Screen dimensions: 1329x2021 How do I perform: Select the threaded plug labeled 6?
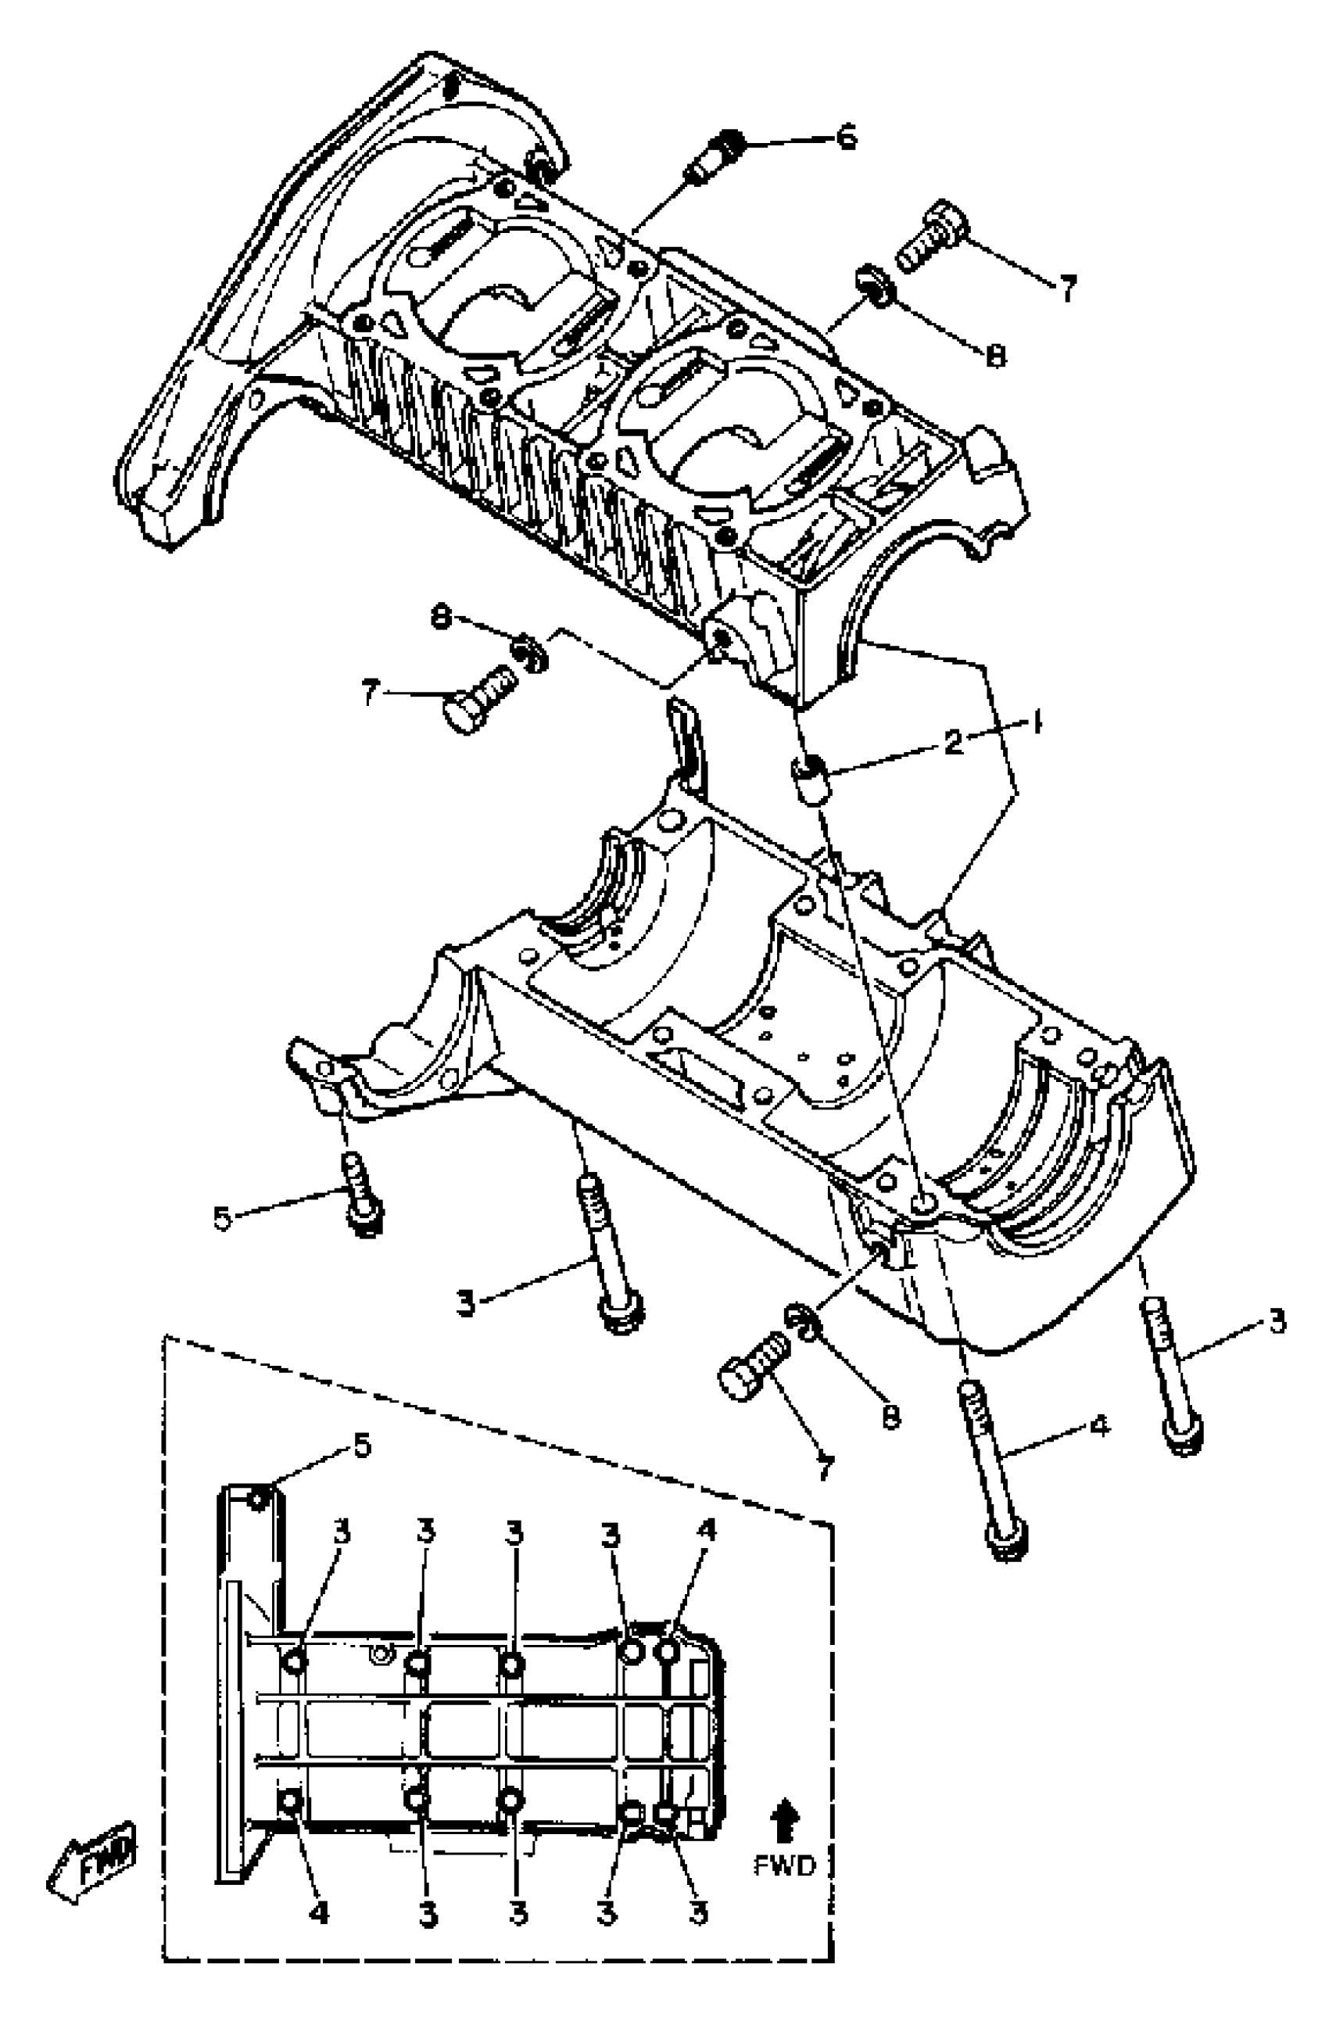click(x=715, y=157)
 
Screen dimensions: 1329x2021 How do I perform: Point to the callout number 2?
click(x=955, y=741)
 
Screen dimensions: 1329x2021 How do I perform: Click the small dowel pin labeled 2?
click(x=811, y=776)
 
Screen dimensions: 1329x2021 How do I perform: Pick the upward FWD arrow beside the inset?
click(x=785, y=1824)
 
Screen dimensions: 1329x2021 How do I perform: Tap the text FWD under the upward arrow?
click(x=785, y=1865)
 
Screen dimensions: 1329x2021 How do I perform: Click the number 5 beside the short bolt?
click(x=223, y=1219)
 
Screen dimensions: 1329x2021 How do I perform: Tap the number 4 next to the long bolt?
click(x=1100, y=1426)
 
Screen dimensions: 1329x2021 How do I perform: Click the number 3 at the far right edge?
click(x=1277, y=1321)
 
